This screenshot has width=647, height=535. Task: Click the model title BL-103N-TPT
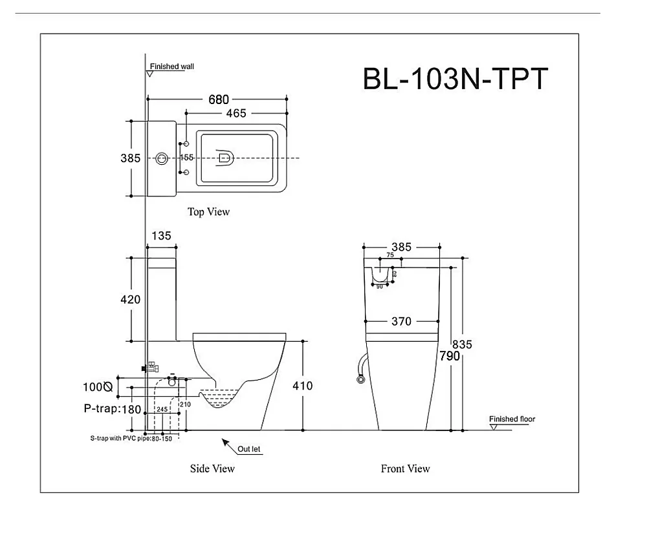[x=455, y=79]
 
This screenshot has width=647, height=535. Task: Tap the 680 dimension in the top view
[x=218, y=100]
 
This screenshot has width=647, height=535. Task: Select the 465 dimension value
[x=236, y=113]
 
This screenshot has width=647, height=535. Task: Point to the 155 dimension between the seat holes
[x=187, y=158]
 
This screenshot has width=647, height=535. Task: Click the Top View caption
[x=208, y=211]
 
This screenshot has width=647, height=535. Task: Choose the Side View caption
[x=212, y=468]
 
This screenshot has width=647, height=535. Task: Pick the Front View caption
[x=405, y=468]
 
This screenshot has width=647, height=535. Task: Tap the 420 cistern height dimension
[x=130, y=299]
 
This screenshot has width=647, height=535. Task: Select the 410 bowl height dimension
[x=302, y=386]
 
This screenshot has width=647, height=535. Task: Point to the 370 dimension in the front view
[x=401, y=321]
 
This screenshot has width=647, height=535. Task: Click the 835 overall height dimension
[x=463, y=344]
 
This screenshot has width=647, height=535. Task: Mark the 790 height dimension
[x=450, y=356]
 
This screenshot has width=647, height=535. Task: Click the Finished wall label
[x=171, y=66]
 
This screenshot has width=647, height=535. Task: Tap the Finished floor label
[x=512, y=419]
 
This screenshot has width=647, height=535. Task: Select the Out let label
[x=250, y=449]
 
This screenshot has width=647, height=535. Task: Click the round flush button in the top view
[x=162, y=158]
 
